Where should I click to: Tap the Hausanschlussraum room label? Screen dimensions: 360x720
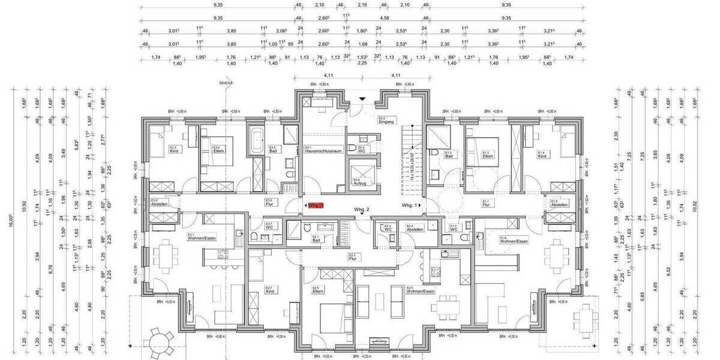point(323,151)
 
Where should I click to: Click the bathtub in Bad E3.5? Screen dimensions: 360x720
point(257,142)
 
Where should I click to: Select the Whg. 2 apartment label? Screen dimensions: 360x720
point(361,209)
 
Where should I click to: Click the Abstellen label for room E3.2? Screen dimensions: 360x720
point(158,204)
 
